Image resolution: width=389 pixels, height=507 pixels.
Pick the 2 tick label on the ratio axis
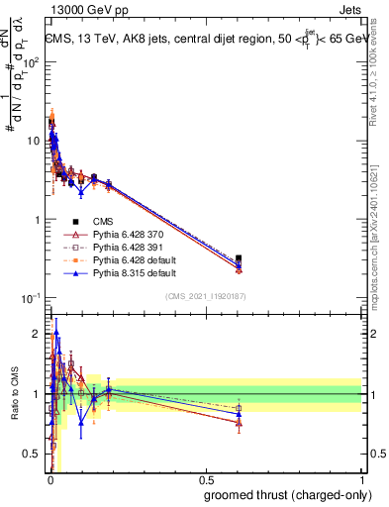click(37, 334)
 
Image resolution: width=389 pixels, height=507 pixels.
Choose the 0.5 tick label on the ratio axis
click(32, 454)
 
